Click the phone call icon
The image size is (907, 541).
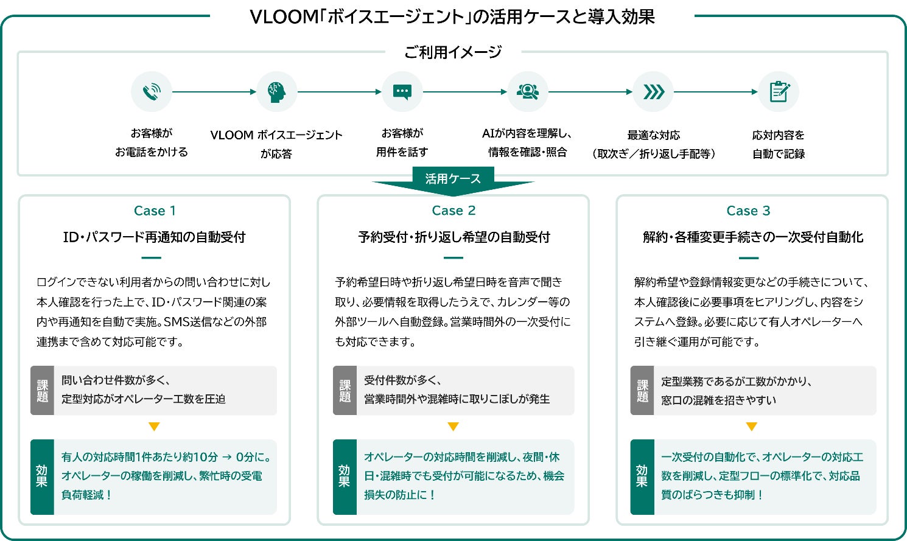coord(152,92)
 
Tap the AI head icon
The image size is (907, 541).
coord(277,92)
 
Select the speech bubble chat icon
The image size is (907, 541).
coord(402,92)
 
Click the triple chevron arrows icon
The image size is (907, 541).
coord(653,92)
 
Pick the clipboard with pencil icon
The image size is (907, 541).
coord(779,92)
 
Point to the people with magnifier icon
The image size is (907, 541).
coord(528,92)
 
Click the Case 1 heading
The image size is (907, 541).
coord(154,211)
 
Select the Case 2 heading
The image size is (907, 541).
coord(454,211)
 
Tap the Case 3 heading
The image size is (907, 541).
coord(748,211)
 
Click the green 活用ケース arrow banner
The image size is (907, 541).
coord(453,181)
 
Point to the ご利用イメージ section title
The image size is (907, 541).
coord(453,52)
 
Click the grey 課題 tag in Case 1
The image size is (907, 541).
coord(42,390)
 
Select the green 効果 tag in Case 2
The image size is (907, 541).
coord(345,476)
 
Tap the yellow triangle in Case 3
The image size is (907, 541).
coord(752,427)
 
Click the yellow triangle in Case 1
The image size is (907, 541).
coord(154,427)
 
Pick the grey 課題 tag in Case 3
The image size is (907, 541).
coord(642,390)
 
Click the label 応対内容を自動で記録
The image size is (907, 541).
coord(778,144)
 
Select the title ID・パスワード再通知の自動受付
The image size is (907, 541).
coord(154,237)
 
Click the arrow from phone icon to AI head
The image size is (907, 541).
coord(214,92)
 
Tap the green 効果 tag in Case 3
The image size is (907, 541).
coord(642,476)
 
